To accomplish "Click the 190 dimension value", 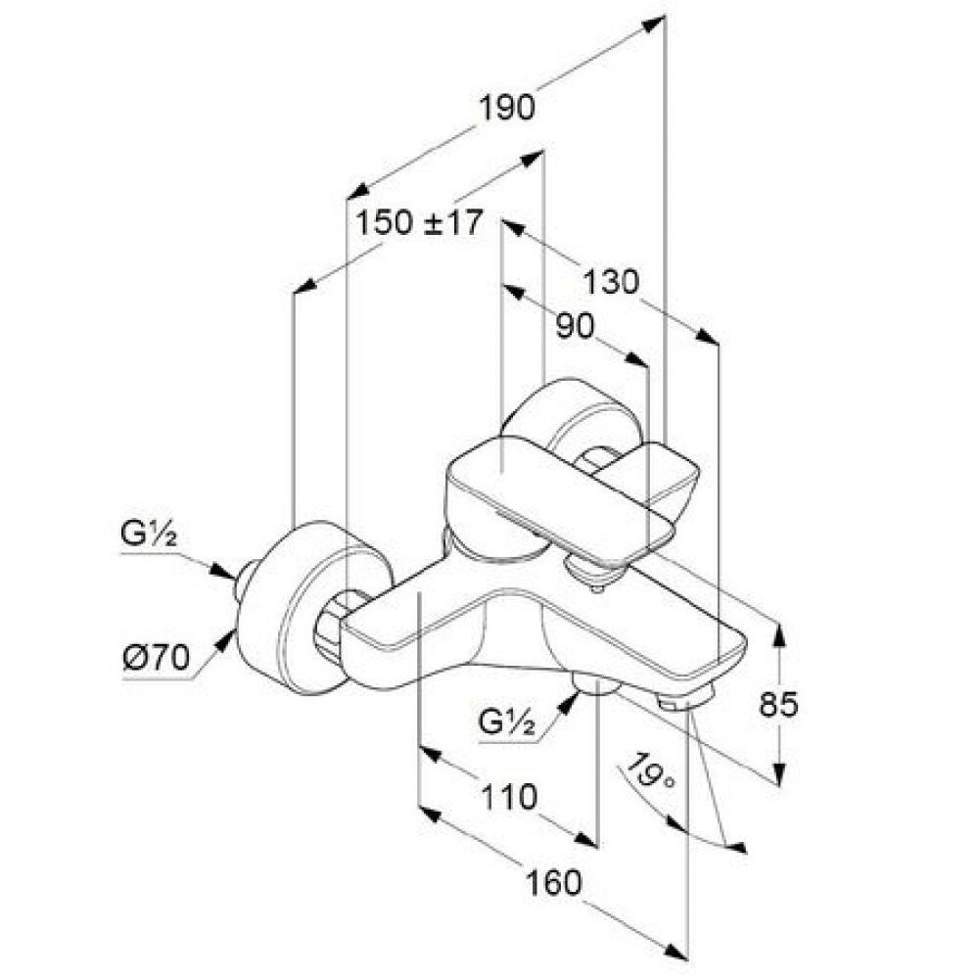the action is pyautogui.click(x=507, y=108).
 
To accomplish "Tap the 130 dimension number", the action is pyautogui.click(x=611, y=282).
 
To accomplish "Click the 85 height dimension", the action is pyautogui.click(x=778, y=704).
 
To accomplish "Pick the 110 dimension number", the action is pyautogui.click(x=509, y=797).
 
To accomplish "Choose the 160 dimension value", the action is pyautogui.click(x=553, y=883).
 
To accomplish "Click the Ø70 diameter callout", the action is pyautogui.click(x=156, y=658).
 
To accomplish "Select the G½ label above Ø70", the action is pyautogui.click(x=148, y=536).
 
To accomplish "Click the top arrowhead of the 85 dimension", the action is pyautogui.click(x=778, y=633).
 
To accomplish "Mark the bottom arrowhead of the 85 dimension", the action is pyautogui.click(x=778, y=772).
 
